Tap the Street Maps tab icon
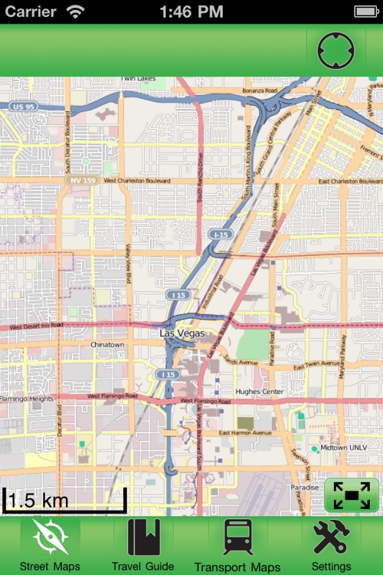[50, 538]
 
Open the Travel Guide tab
[143, 538]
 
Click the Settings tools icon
[331, 538]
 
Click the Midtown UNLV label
[344, 448]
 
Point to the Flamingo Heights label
[28, 399]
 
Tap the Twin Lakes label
[138, 79]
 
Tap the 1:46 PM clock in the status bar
[191, 11]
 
